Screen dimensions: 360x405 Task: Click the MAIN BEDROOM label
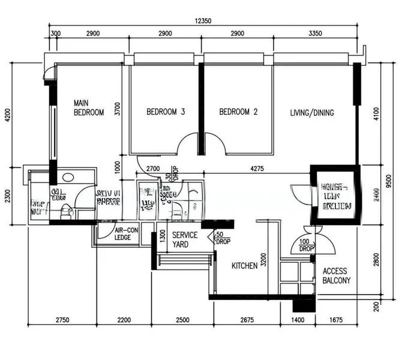pos(89,107)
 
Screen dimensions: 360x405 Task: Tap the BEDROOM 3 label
pos(166,112)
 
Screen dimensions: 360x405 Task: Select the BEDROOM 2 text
pos(238,112)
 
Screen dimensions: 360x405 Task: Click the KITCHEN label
pos(245,265)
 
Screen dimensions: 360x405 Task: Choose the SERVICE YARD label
pos(181,240)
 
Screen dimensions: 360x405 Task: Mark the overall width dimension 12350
pos(203,21)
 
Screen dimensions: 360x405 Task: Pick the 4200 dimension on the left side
pos(7,115)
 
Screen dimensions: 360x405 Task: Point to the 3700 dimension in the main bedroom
pos(118,109)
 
